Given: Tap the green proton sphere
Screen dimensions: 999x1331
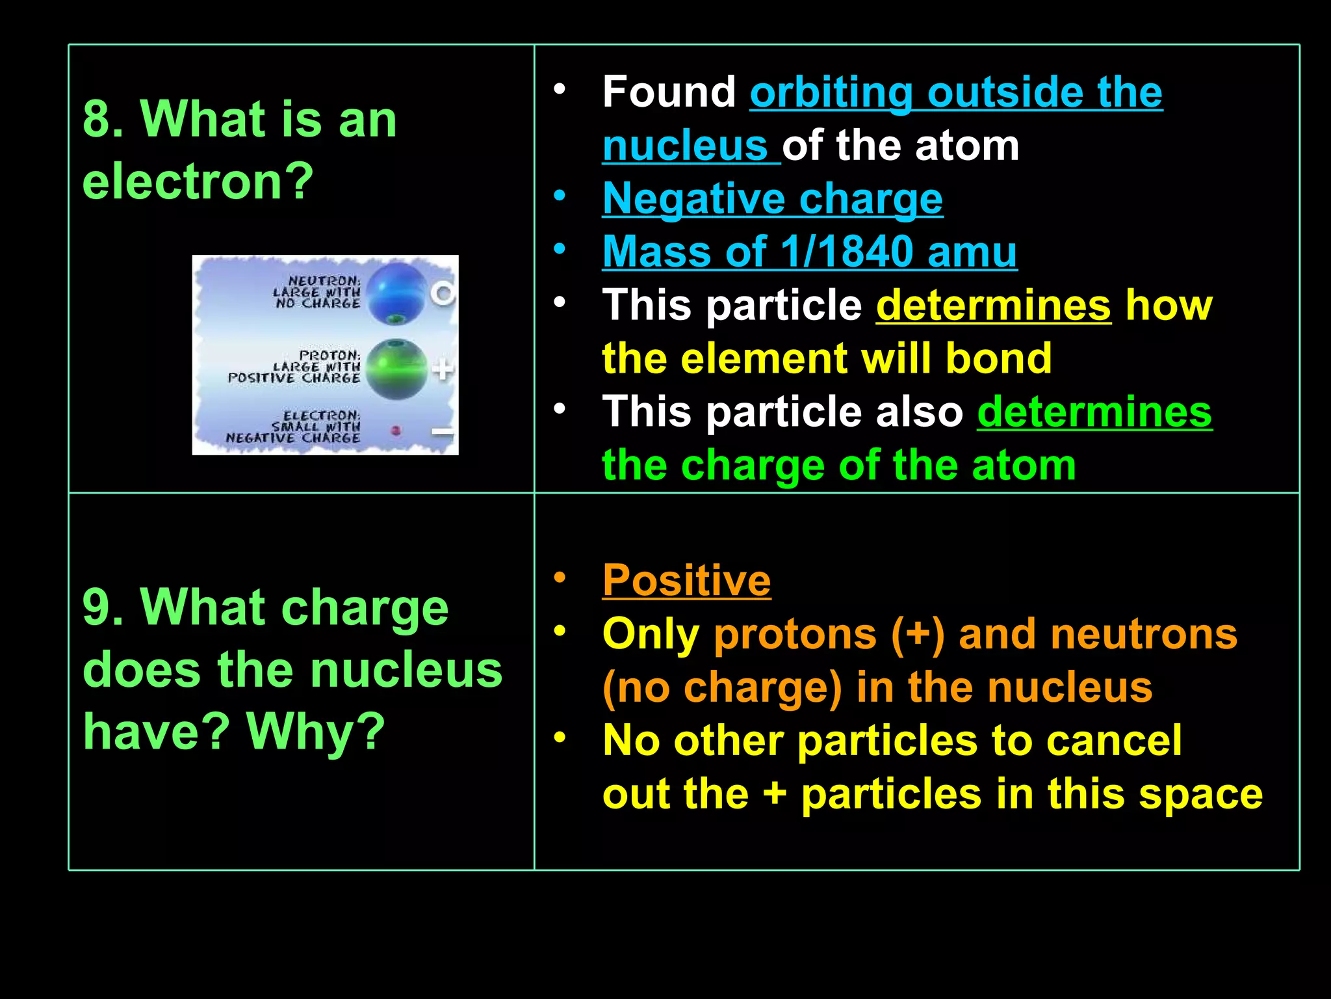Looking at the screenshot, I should [x=396, y=368].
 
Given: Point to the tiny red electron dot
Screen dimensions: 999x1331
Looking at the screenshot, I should [x=396, y=430].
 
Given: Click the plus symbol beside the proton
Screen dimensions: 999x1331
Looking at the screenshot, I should [x=443, y=369].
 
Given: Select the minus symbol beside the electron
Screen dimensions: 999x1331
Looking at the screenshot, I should [x=443, y=431].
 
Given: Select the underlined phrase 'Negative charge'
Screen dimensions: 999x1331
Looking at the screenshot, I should [x=772, y=198].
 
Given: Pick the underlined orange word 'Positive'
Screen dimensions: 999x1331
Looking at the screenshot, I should [x=686, y=579].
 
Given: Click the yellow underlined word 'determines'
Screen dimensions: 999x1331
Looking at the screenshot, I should [x=993, y=304].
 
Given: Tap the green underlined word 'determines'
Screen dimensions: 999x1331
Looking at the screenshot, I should [x=1094, y=412].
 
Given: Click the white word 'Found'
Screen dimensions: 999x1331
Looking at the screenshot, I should [x=669, y=92].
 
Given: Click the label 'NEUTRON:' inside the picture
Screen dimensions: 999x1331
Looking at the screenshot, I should [x=324, y=281].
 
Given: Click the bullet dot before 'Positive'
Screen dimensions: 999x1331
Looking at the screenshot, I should [x=560, y=577].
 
